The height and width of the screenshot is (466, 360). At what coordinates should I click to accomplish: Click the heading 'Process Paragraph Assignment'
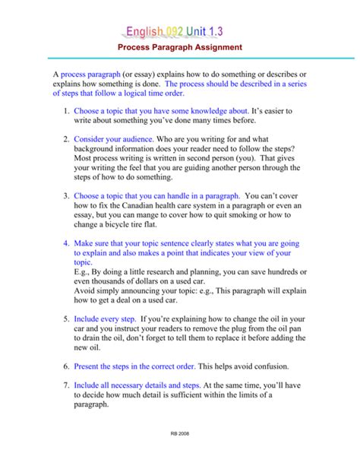tap(180, 47)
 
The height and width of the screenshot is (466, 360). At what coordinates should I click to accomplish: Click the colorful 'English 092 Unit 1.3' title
tap(179, 30)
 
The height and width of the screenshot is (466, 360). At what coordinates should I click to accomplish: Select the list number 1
tap(66, 111)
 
